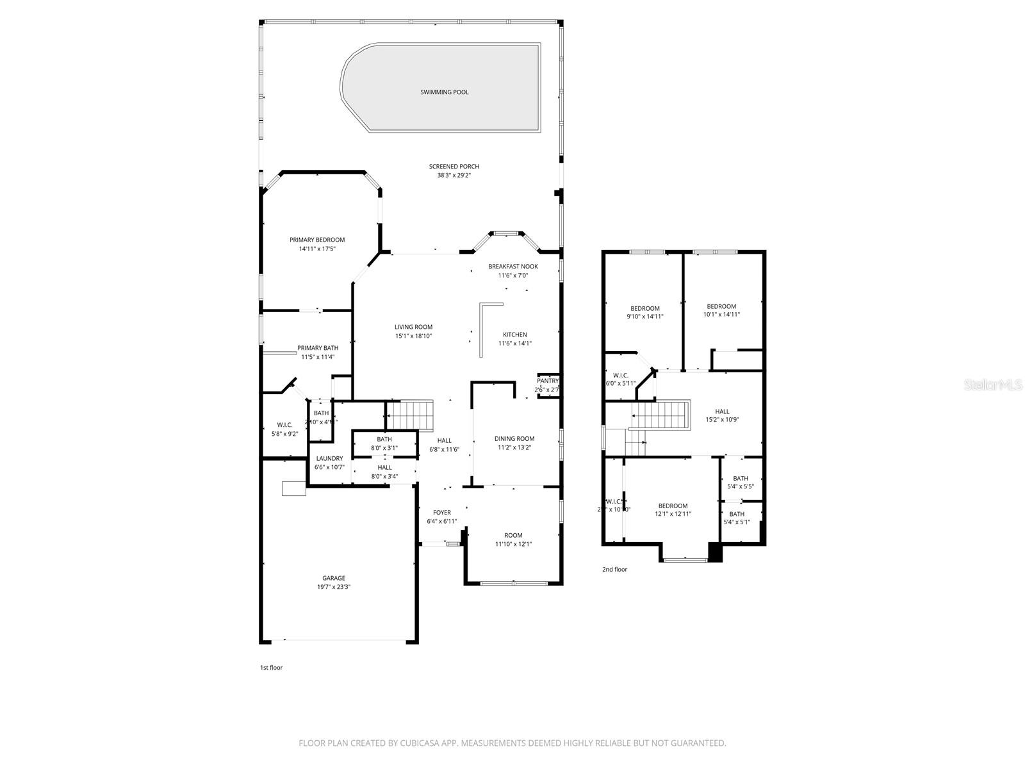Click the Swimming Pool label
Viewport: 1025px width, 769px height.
444,92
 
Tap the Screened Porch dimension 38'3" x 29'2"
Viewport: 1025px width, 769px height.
454,175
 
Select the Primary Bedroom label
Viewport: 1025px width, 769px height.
316,240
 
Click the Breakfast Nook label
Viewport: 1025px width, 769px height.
512,267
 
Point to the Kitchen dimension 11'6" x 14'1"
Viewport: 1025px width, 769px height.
514,343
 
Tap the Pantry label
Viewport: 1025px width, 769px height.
548,381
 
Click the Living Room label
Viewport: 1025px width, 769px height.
413,327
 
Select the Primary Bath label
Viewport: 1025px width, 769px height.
318,348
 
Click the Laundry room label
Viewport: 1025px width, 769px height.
329,459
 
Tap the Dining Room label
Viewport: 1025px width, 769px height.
514,439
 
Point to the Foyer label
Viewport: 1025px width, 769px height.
441,513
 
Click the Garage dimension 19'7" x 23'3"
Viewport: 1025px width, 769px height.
333,586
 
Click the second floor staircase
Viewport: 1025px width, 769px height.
660,415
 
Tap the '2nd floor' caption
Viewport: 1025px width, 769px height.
614,569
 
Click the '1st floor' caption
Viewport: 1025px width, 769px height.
271,668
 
